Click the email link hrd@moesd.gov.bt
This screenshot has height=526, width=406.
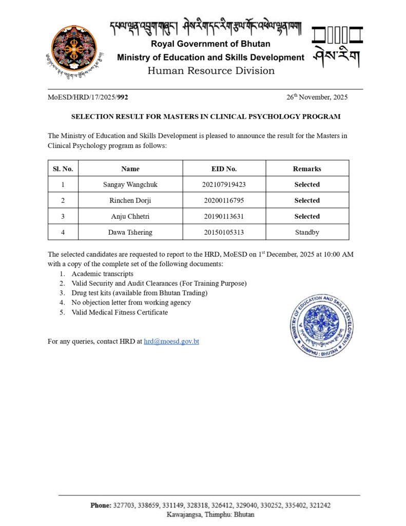(x=171, y=341)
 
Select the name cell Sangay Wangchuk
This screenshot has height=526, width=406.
(x=130, y=184)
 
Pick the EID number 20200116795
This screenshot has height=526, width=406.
(x=224, y=200)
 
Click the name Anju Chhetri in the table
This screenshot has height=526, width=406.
(x=130, y=216)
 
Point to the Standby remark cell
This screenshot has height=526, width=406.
(x=307, y=232)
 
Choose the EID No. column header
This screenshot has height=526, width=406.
(x=224, y=168)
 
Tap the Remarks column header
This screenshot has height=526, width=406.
(x=307, y=168)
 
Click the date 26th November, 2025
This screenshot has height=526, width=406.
(x=317, y=97)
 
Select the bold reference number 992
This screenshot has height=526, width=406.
(x=123, y=97)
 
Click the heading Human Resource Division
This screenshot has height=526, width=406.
(x=211, y=71)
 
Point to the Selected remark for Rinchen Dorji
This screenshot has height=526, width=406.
(x=307, y=200)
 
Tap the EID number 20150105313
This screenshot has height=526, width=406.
(x=224, y=232)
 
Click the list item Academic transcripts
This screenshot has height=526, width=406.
(x=102, y=274)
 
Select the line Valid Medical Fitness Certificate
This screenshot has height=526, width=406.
(x=120, y=312)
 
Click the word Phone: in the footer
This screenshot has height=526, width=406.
(x=101, y=505)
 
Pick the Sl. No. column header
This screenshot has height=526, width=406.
(x=63, y=168)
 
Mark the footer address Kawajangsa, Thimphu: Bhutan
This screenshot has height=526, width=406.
(x=210, y=514)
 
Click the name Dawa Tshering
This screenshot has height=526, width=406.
(x=130, y=232)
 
